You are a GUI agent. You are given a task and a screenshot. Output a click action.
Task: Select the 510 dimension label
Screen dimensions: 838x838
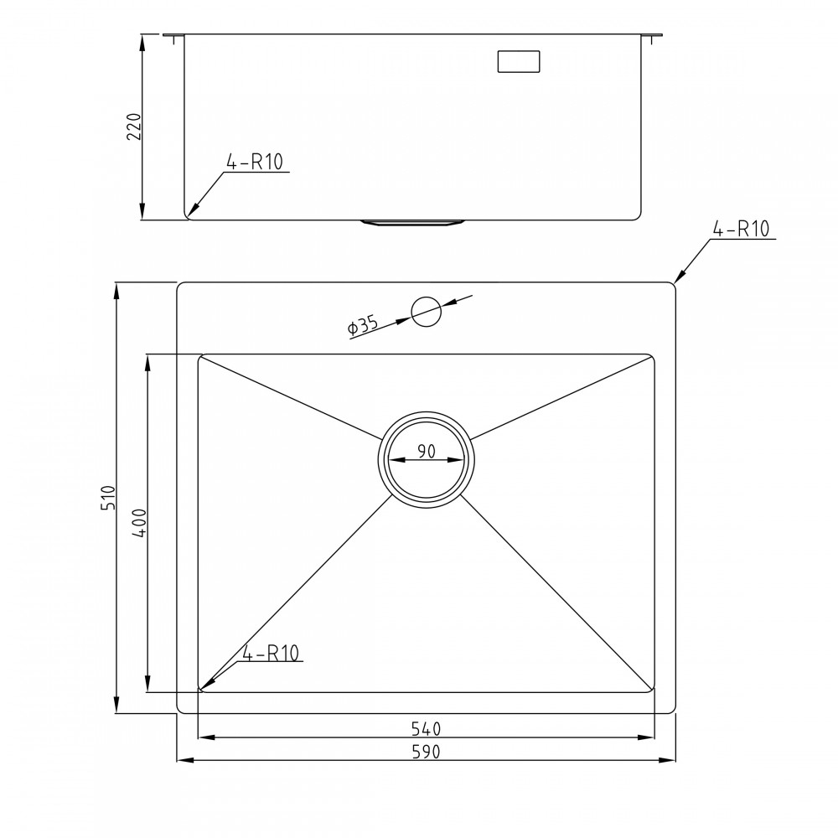(x=107, y=499)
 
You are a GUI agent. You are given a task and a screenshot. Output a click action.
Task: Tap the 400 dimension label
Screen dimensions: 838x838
(x=138, y=522)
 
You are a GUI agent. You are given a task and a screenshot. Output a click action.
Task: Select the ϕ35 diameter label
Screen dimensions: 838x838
(x=363, y=326)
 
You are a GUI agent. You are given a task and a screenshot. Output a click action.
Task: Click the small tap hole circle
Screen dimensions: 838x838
(x=426, y=312)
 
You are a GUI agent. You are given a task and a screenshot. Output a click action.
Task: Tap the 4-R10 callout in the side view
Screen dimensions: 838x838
(x=256, y=163)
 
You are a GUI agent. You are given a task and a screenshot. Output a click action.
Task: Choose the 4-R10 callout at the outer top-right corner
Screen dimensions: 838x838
(x=742, y=229)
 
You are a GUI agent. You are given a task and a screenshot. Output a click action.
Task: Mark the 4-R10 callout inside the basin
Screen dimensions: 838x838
(x=272, y=654)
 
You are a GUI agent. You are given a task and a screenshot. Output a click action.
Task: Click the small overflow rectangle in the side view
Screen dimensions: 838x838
(x=519, y=61)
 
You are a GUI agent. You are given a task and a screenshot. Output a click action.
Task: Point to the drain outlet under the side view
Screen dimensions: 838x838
(x=413, y=222)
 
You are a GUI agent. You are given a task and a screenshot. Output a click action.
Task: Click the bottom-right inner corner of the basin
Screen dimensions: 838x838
(x=652, y=690)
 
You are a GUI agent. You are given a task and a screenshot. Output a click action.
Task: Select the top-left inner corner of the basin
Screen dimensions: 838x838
(x=201, y=357)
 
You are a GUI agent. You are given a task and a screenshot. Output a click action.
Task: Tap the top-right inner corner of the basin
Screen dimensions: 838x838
(x=651, y=357)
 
